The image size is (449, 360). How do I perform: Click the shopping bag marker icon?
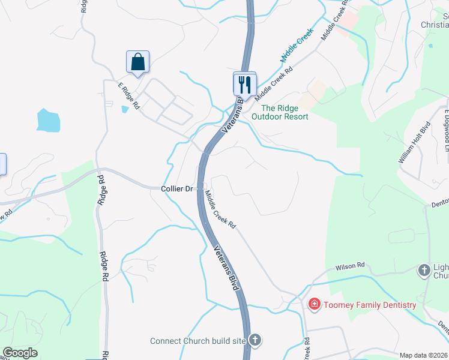[x=137, y=62]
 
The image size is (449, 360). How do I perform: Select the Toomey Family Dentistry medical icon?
[x=313, y=305]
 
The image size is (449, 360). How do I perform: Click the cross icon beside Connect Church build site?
[x=255, y=341]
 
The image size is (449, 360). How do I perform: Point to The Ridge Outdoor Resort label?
[x=280, y=112]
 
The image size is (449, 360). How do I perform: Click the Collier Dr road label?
[x=177, y=188]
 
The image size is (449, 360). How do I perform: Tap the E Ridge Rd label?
[x=128, y=96]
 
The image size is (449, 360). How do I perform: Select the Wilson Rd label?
[x=350, y=265]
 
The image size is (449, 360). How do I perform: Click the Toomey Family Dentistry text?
[x=370, y=305]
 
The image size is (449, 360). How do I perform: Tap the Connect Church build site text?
[x=198, y=341]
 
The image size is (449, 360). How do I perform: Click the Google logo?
[x=20, y=353]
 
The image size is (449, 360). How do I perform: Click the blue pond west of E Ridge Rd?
[x=48, y=120]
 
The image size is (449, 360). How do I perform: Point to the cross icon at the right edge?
[x=424, y=271]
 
